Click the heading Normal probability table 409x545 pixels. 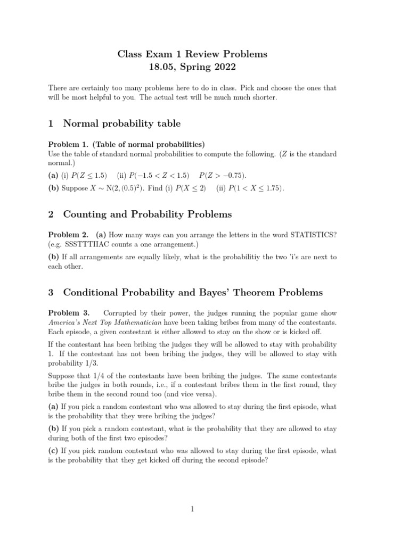coord(121,123)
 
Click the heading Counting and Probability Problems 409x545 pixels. coord(148,214)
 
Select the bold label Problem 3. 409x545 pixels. coord(69,313)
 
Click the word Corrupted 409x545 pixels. coord(121,313)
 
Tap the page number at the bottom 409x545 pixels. coord(193,509)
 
